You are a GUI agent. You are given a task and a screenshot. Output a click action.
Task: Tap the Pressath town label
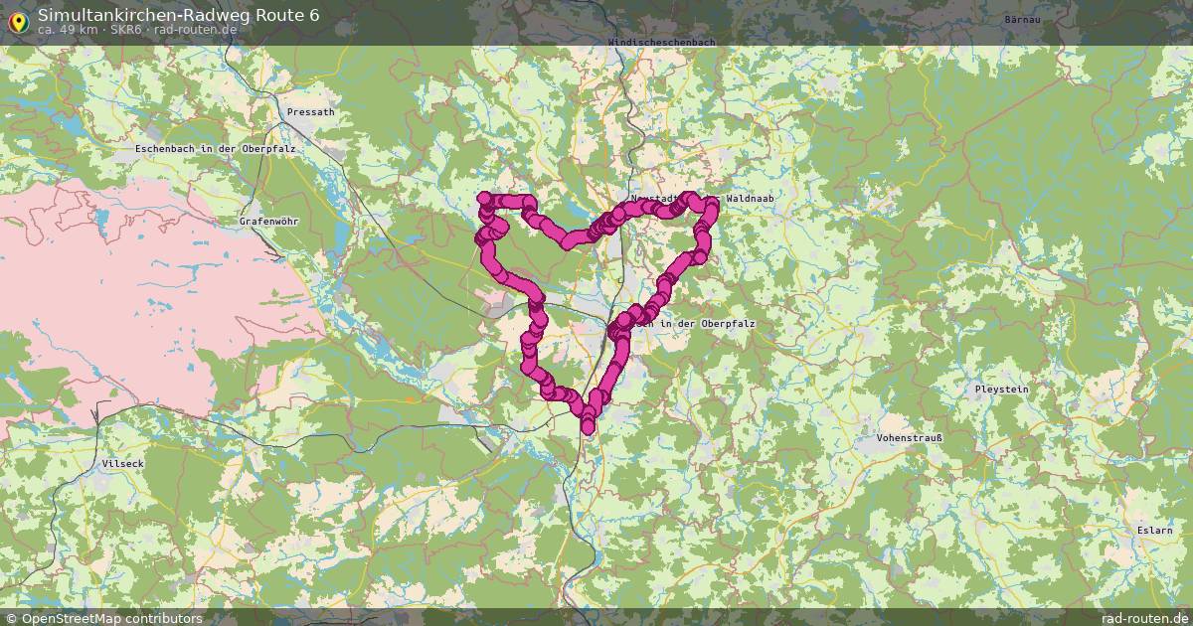[310, 113]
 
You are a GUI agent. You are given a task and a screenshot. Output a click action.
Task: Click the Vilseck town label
[122, 464]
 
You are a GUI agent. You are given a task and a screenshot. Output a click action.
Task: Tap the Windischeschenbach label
[660, 42]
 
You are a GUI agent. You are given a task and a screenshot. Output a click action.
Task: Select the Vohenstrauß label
[909, 437]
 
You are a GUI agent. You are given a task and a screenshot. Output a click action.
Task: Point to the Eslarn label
[1155, 531]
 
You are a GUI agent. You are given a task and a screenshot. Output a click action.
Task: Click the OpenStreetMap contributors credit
[111, 618]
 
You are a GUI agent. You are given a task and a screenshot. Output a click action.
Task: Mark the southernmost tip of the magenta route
[588, 429]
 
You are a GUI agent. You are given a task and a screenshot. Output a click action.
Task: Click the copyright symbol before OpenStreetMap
[12, 618]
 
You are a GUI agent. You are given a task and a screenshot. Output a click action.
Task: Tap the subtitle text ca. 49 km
[67, 30]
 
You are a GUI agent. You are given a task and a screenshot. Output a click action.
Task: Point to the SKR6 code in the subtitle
[127, 30]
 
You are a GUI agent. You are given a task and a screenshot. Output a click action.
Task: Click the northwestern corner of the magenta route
[484, 199]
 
